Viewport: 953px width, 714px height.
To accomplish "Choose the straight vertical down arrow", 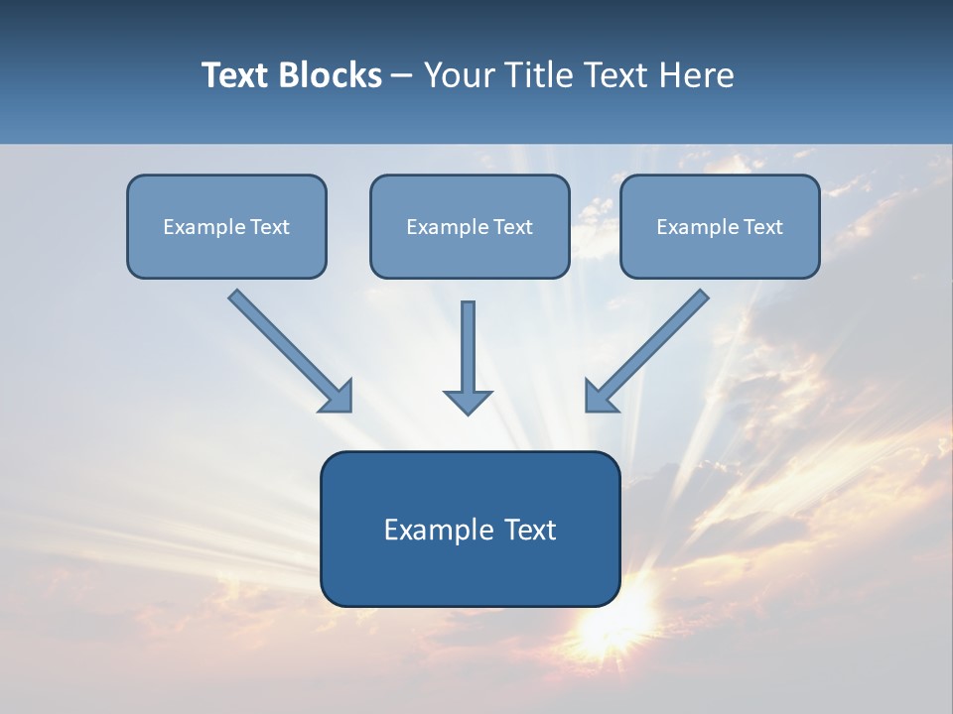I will coord(468,347).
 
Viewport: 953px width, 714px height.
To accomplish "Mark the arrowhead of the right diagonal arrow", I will coord(600,397).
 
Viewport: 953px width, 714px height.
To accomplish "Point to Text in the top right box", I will coord(762,227).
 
